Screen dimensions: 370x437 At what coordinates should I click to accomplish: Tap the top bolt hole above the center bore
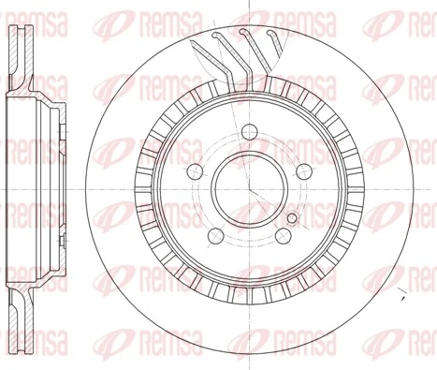tap(250, 133)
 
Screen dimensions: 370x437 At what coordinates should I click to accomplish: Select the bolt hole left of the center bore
tap(195, 170)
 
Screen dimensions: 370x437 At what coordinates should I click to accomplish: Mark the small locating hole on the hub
tap(293, 218)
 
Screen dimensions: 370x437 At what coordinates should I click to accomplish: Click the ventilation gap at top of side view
tap(18, 37)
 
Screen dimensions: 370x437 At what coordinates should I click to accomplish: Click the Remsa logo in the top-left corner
tap(37, 14)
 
